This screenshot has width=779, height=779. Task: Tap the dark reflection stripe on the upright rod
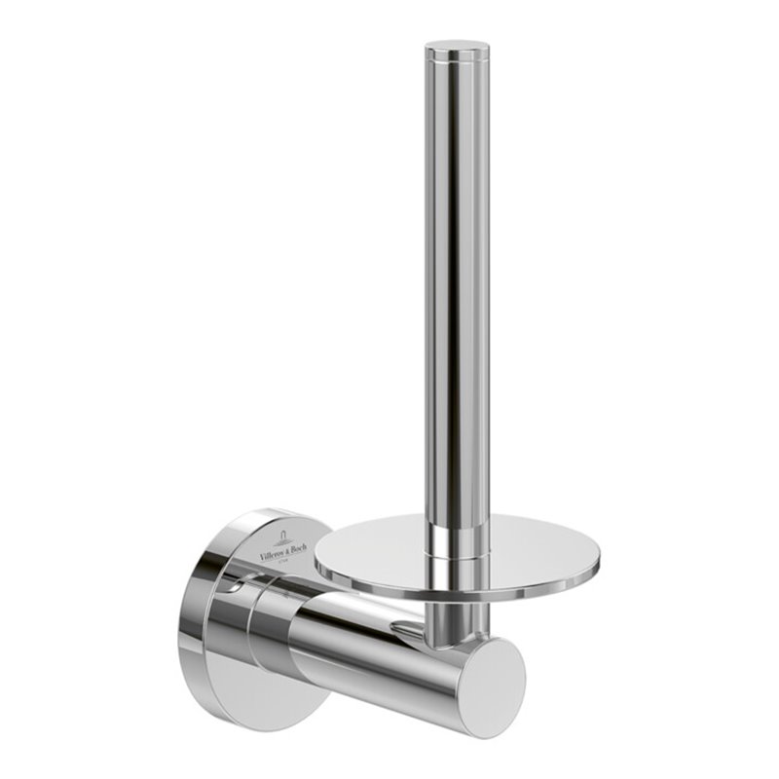(436, 292)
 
